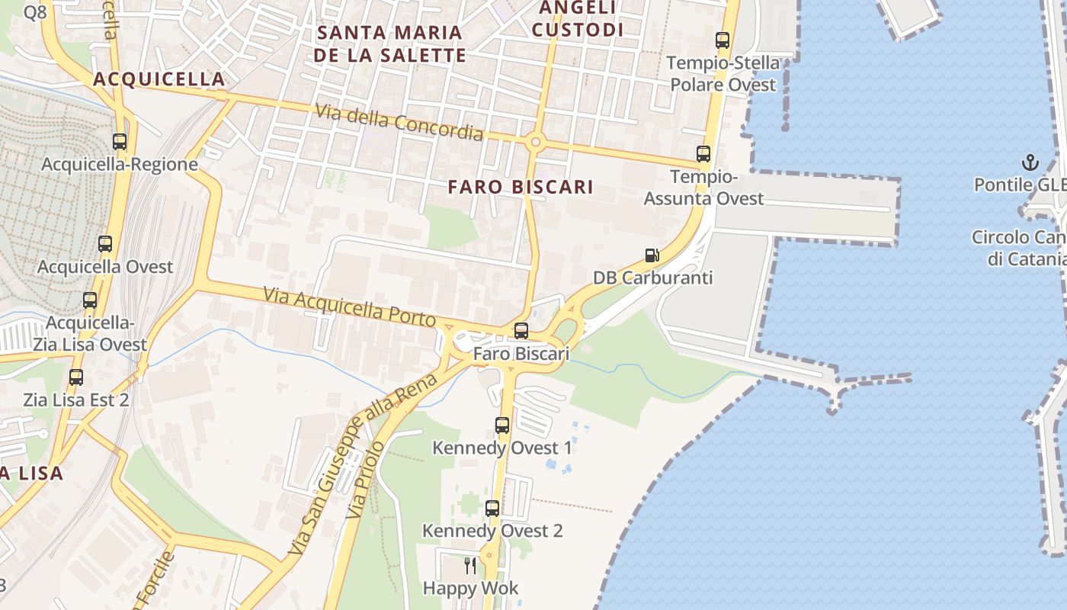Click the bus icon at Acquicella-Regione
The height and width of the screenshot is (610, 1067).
click(x=120, y=141)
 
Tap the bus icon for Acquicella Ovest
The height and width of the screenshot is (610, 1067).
click(x=105, y=244)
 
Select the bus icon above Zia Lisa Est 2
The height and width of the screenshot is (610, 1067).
click(x=76, y=377)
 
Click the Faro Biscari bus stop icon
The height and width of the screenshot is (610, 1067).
click(x=521, y=331)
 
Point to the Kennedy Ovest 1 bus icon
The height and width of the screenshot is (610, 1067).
click(x=502, y=425)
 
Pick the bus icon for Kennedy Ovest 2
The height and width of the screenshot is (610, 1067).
click(x=492, y=508)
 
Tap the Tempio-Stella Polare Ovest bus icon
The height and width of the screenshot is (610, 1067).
click(x=723, y=40)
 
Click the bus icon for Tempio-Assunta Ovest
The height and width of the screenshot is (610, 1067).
click(x=703, y=154)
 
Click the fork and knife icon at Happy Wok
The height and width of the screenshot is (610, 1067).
click(x=470, y=566)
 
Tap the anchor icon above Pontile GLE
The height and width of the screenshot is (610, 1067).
click(x=1030, y=162)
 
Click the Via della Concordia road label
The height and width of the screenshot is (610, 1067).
click(x=399, y=123)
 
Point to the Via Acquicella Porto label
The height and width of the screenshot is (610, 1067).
click(x=349, y=307)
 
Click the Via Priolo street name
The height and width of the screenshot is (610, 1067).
click(x=364, y=481)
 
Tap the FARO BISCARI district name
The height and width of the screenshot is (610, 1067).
click(x=521, y=187)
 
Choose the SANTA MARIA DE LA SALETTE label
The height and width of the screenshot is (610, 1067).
click(x=389, y=43)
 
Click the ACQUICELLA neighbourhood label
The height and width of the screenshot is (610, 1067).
click(x=159, y=79)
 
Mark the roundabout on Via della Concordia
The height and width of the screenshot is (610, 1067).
click(x=535, y=141)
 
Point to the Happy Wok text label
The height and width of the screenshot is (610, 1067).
click(x=470, y=588)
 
